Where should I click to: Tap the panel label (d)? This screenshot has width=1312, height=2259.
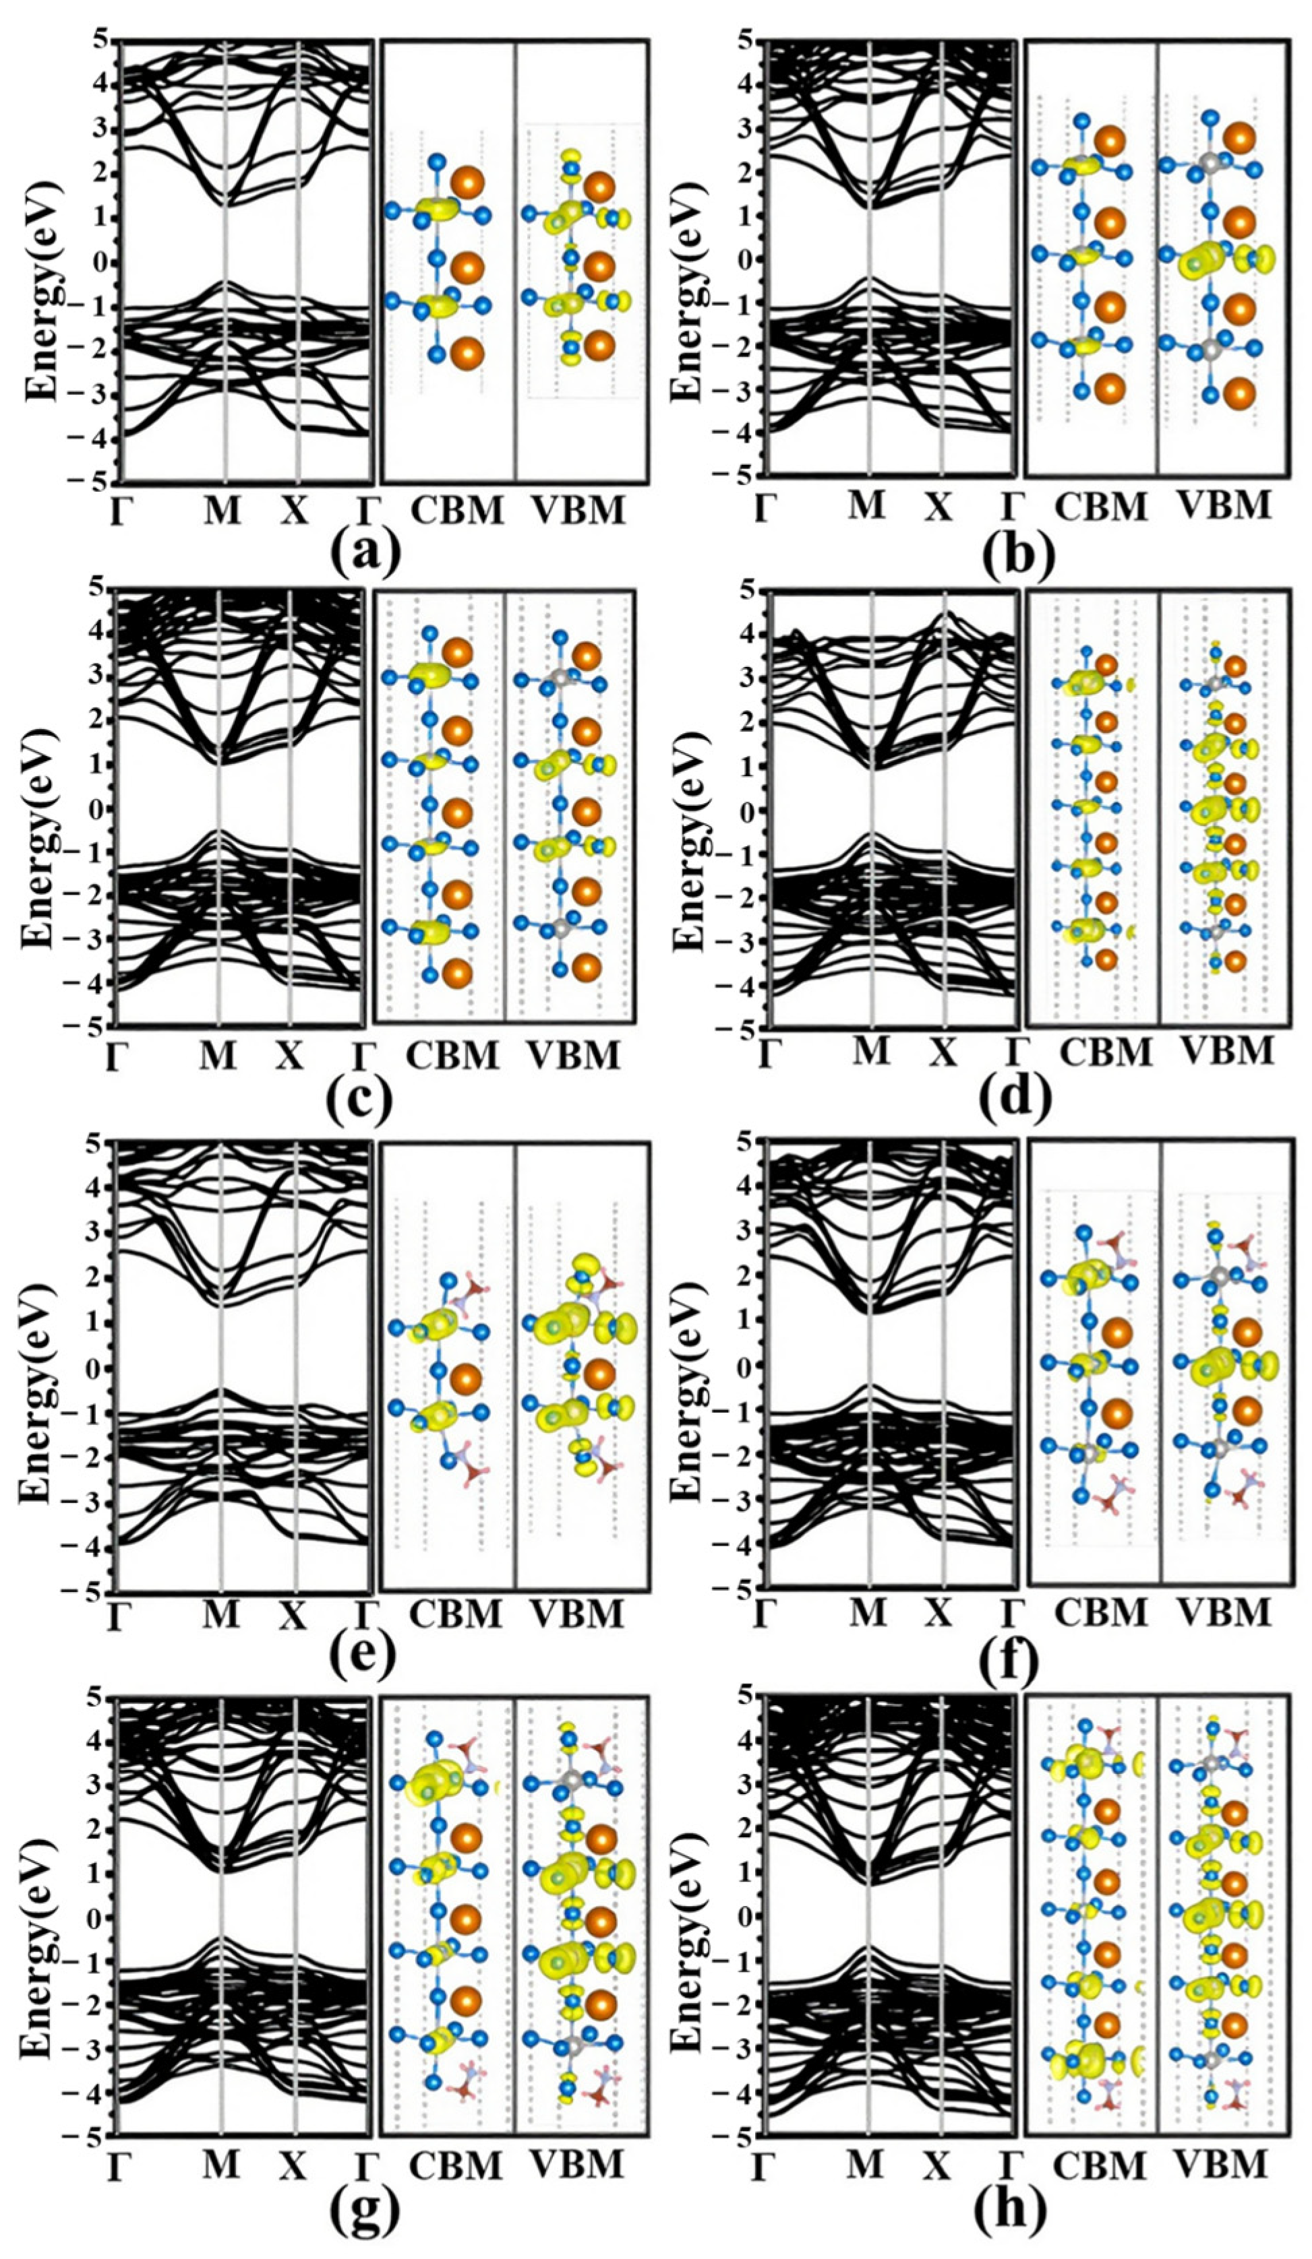point(1015,1099)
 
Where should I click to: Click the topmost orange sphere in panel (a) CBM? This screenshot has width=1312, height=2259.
point(467,183)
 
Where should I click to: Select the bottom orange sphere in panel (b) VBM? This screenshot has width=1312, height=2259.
point(1239,393)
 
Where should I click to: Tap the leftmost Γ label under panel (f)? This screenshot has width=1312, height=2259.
point(763,1614)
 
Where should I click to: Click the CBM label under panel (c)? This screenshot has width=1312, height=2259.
point(452,1056)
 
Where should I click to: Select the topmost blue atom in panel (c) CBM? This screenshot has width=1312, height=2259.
point(429,633)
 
